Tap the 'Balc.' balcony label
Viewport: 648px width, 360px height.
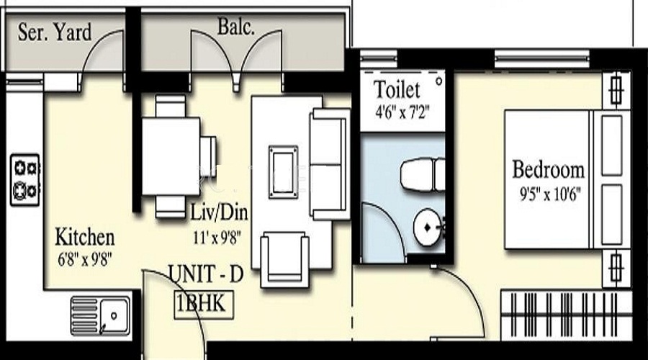(x=236, y=30)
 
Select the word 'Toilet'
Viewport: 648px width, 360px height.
(x=397, y=91)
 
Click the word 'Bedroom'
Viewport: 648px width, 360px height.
(x=548, y=171)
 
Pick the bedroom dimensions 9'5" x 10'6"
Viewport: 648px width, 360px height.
(x=547, y=193)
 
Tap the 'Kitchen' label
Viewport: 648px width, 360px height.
(x=85, y=237)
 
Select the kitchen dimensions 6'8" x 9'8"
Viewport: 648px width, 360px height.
(x=85, y=256)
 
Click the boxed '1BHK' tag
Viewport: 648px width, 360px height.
(x=201, y=303)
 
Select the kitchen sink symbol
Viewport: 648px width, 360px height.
(x=101, y=314)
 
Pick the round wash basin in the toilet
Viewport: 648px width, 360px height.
(x=428, y=228)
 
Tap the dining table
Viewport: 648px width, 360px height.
(x=171, y=156)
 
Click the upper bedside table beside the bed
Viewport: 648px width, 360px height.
(x=615, y=90)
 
